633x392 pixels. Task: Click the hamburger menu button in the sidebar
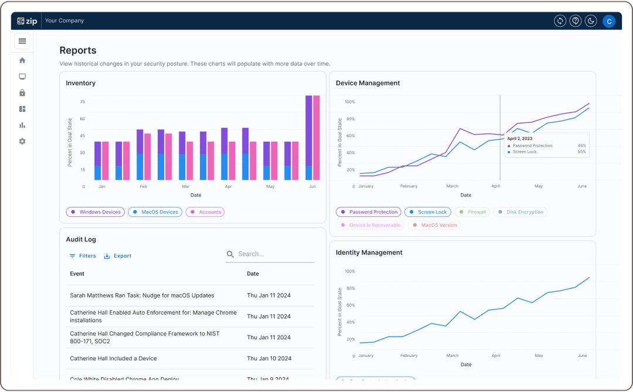[x=22, y=41]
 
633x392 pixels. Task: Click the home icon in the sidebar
[x=22, y=60]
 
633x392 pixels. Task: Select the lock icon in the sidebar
[x=22, y=93]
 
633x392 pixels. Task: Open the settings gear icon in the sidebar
[x=22, y=141]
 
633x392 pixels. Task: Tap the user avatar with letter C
[x=609, y=21]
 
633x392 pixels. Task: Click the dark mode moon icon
[x=591, y=21]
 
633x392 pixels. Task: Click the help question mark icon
[x=576, y=21]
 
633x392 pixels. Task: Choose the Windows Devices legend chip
[x=95, y=212]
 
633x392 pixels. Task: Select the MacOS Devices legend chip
[x=155, y=212]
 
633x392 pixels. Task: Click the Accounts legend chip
[x=205, y=212]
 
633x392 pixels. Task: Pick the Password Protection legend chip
[x=368, y=212]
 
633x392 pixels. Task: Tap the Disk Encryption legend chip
[x=520, y=212]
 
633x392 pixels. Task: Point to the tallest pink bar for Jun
[x=316, y=138]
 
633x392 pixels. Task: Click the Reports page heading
[x=78, y=50]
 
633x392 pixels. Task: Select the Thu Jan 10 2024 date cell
[x=268, y=359]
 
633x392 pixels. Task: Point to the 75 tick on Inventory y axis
[x=83, y=102]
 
